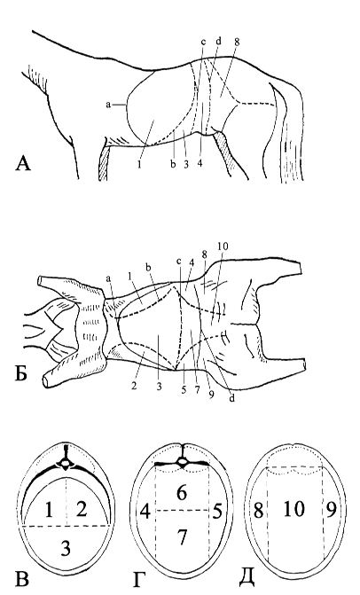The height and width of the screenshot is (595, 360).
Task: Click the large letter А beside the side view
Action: [x=23, y=164]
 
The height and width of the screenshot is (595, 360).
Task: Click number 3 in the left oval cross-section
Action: [x=66, y=548]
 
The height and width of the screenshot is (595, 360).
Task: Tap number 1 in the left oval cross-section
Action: [x=49, y=510]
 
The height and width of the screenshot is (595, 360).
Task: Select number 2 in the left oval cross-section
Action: [x=82, y=509]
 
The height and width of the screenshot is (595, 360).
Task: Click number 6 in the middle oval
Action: [x=182, y=492]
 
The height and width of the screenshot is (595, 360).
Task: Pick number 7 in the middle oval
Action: [x=183, y=538]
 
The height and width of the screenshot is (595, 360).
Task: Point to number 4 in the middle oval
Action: [x=145, y=512]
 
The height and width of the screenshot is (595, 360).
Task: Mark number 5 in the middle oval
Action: [x=217, y=512]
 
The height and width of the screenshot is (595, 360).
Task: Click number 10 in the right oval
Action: [x=294, y=509]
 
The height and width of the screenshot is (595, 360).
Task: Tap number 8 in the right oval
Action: [x=258, y=511]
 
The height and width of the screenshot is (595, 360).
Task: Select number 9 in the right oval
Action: [x=331, y=510]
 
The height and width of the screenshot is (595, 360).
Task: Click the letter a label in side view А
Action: [x=108, y=106]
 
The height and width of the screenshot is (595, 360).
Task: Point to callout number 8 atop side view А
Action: [x=237, y=43]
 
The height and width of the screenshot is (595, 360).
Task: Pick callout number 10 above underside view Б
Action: [x=223, y=247]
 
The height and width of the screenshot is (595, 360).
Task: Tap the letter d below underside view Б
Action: [x=231, y=398]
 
